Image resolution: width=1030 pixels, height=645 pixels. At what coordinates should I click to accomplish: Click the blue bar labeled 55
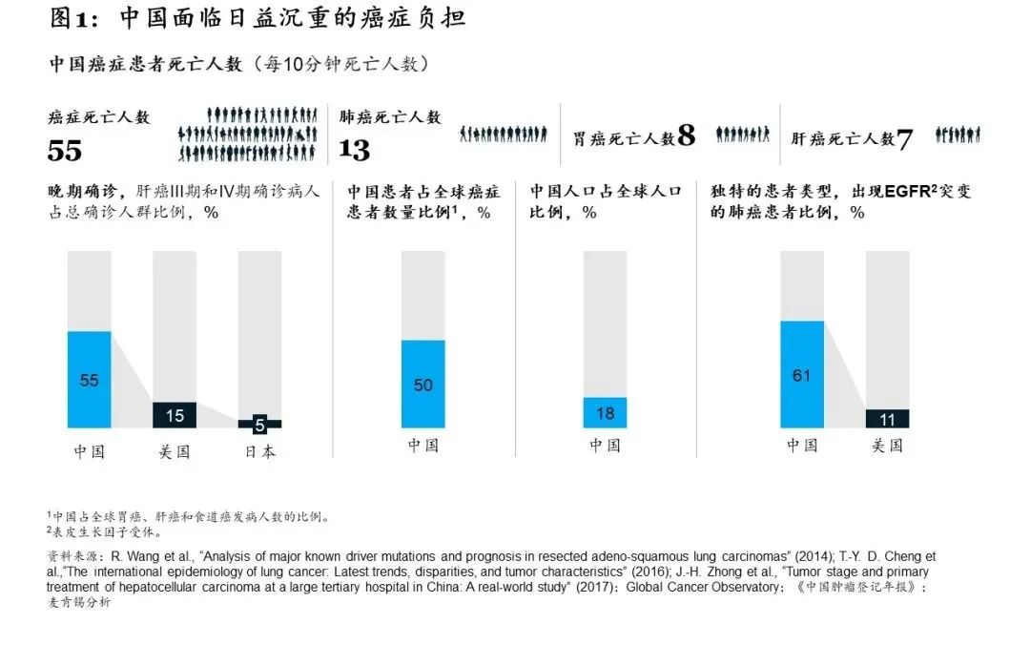pos(89,380)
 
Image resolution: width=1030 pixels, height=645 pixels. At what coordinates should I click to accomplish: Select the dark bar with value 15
pos(175,415)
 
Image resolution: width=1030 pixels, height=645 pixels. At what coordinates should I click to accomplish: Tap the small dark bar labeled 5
pos(259,425)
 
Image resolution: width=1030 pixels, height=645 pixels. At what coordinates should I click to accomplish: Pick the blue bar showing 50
pos(422,385)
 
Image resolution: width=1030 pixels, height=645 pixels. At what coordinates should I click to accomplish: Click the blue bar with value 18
pos(605,412)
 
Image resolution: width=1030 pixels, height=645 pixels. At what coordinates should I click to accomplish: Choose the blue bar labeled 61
pos(801,375)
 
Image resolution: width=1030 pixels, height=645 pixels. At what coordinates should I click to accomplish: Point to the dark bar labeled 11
pos(887,419)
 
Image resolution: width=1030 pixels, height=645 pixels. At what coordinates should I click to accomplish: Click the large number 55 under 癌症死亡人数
pos(65,150)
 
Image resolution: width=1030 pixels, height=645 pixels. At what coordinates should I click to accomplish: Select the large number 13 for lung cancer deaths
pos(355,150)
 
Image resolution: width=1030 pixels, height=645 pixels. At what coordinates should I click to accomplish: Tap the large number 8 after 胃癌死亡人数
pos(686,136)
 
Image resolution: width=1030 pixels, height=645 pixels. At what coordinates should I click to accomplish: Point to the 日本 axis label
pos(259,451)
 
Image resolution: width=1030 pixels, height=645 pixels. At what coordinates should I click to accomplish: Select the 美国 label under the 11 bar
pos(887,445)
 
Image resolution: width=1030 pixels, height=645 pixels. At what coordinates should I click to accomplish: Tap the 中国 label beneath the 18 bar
pos(605,445)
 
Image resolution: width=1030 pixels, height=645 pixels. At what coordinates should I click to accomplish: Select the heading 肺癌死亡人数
pos(391,116)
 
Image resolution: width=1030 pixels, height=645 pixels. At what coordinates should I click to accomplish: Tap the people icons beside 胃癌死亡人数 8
pos(743,135)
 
